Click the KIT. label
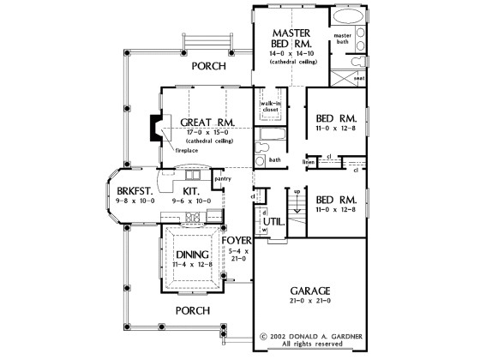click(x=193, y=191)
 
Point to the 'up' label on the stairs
click(x=297, y=190)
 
